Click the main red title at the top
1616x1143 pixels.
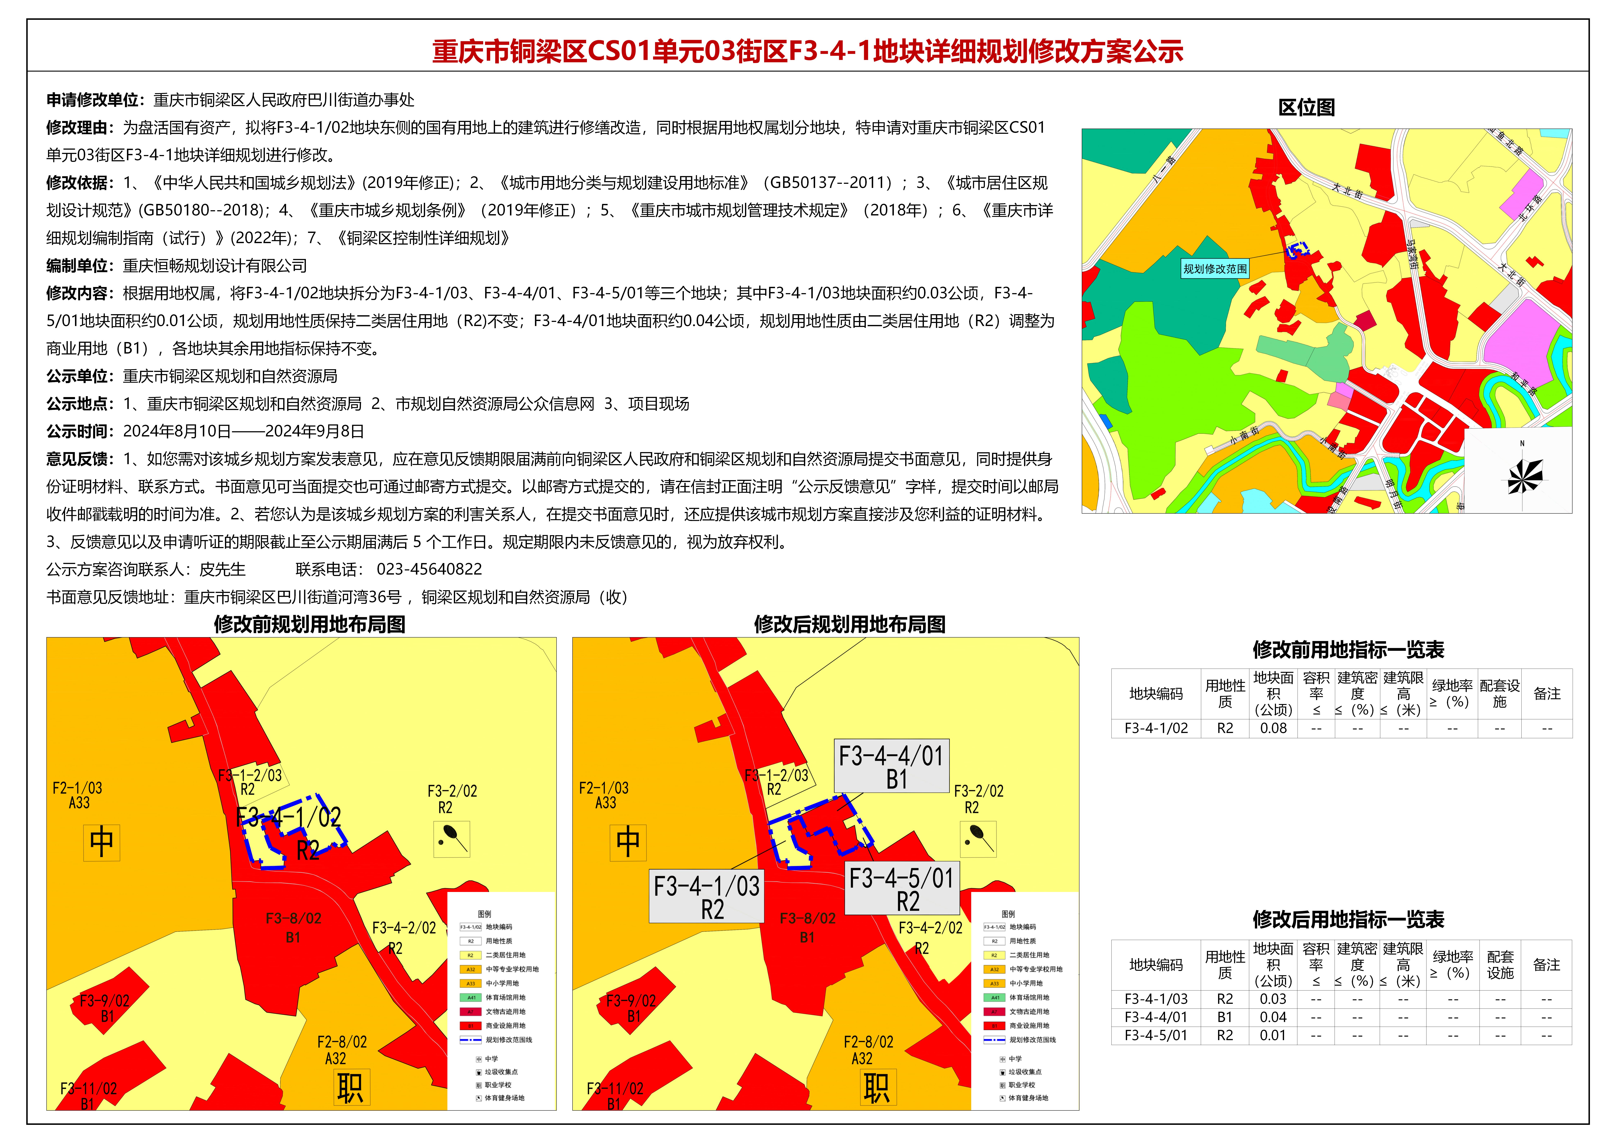[807, 51]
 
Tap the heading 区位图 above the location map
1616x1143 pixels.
[1306, 108]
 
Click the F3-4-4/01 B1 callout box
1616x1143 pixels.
[891, 766]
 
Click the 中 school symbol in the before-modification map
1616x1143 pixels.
[101, 842]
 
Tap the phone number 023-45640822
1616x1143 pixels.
[429, 569]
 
